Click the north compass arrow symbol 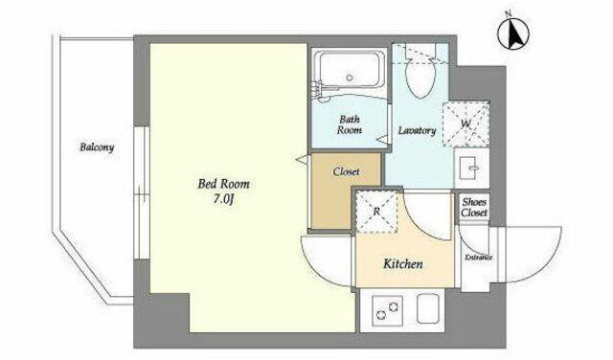[x=513, y=33]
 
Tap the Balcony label [x=97, y=147]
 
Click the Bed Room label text [x=223, y=184]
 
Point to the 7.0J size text [x=223, y=199]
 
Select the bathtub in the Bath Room [x=349, y=70]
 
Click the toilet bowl [x=420, y=76]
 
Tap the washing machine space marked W [x=465, y=124]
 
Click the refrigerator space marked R [x=376, y=212]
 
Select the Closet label [x=346, y=171]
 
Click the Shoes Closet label [x=474, y=207]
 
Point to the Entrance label [x=479, y=258]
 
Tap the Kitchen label [x=402, y=264]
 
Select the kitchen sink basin [x=428, y=308]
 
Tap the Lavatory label [x=418, y=130]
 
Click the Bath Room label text [x=349, y=124]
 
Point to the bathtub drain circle [x=350, y=78]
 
